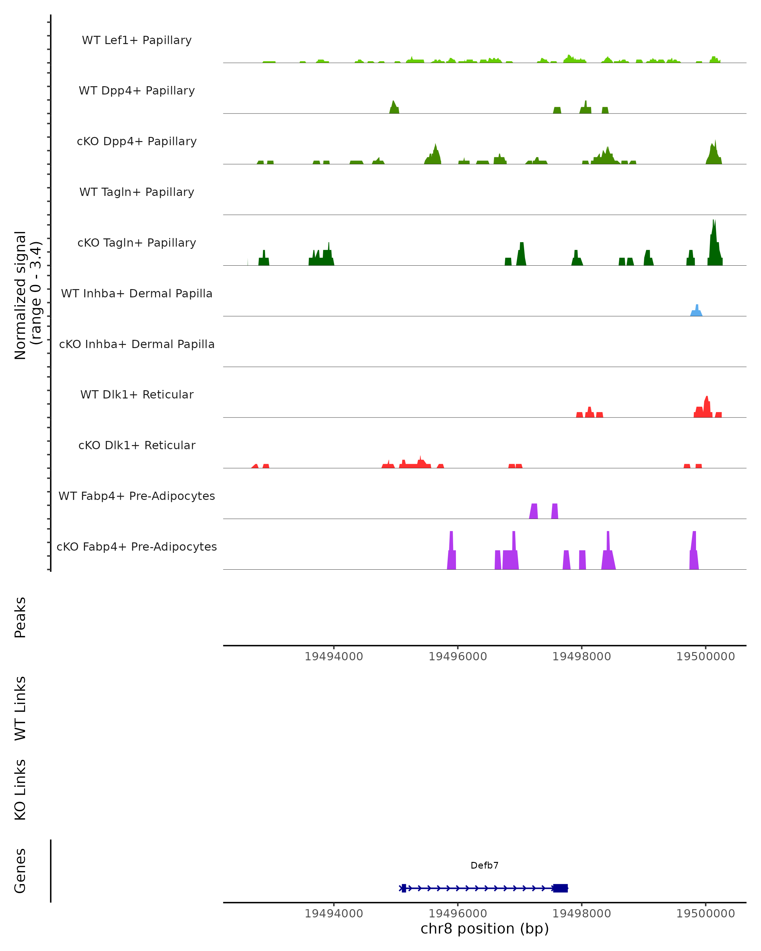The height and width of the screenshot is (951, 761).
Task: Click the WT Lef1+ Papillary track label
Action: pyautogui.click(x=137, y=40)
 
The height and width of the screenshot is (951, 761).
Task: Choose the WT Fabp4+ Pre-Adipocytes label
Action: pyautogui.click(x=137, y=496)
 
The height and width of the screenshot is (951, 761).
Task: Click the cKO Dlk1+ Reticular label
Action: pyautogui.click(x=137, y=445)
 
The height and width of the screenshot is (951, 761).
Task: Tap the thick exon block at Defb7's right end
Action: pyautogui.click(x=560, y=888)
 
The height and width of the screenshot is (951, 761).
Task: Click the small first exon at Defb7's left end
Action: pyautogui.click(x=404, y=888)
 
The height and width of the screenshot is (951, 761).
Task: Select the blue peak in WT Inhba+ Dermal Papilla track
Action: pyautogui.click(x=697, y=311)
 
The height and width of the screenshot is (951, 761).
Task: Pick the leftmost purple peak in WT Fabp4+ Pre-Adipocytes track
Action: pyautogui.click(x=534, y=512)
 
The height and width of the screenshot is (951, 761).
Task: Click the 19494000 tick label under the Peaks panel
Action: pyautogui.click(x=334, y=657)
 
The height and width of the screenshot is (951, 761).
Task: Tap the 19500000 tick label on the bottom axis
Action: pyautogui.click(x=706, y=914)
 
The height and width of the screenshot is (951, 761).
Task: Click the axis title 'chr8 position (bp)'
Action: pyautogui.click(x=485, y=928)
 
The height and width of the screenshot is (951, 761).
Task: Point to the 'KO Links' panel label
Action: pyautogui.click(x=20, y=790)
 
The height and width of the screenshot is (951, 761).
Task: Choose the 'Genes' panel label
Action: pyautogui.click(x=20, y=871)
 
